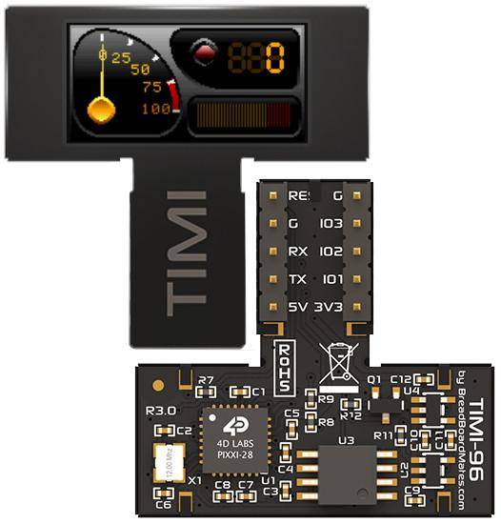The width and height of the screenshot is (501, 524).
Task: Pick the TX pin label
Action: [x=297, y=280]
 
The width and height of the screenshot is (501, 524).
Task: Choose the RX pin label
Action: [x=297, y=252]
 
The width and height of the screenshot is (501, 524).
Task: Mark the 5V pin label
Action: [x=297, y=308]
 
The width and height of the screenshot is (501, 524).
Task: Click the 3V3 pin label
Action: [x=332, y=308]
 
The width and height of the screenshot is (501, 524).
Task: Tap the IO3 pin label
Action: [x=331, y=225]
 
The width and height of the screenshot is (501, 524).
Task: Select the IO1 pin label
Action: [x=331, y=280]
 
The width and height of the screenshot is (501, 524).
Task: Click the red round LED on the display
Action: [x=202, y=53]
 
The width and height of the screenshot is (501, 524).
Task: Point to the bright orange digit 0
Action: [x=274, y=58]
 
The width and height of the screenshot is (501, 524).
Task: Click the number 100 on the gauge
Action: [x=156, y=109]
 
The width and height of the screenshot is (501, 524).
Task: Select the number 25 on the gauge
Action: [x=121, y=57]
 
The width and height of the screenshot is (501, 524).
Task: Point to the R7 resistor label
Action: [x=206, y=381]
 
